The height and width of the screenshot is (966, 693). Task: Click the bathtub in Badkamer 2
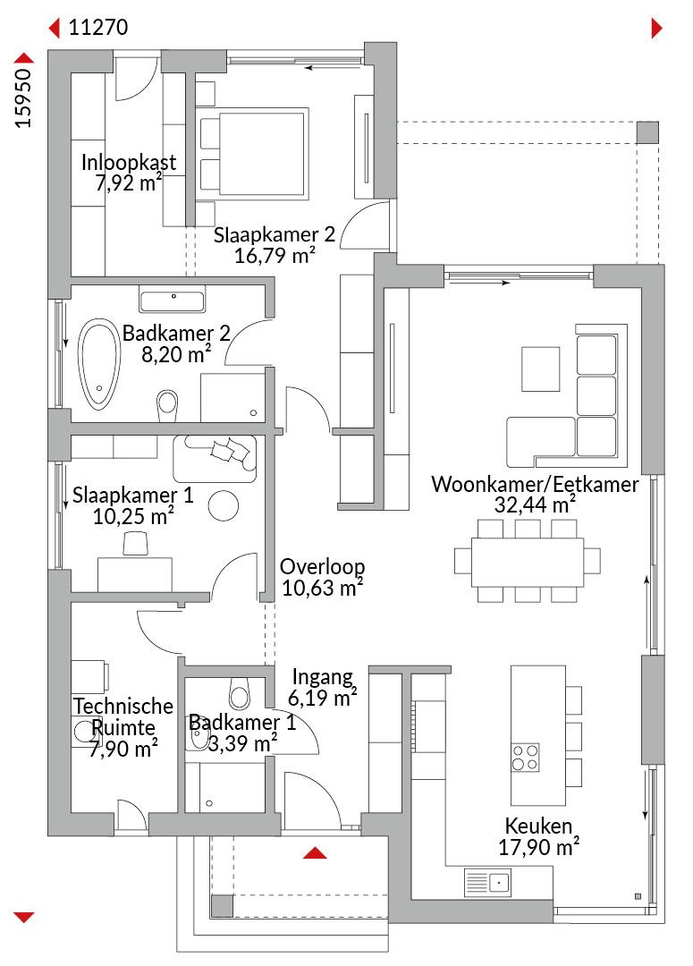coord(98,364)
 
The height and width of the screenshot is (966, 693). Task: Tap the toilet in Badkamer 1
coord(239,692)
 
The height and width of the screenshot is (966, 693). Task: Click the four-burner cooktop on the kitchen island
coord(526,758)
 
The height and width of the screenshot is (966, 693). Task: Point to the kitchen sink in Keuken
coord(487,882)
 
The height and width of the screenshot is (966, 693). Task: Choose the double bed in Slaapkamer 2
coord(252,154)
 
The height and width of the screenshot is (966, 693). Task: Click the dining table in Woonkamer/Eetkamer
coord(528,562)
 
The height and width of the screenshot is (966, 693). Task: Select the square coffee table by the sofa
coord(540,369)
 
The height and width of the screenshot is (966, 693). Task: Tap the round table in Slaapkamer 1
coord(223,505)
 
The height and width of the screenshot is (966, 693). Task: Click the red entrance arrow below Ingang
coord(315,852)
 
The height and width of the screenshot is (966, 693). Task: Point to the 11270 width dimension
coord(98,28)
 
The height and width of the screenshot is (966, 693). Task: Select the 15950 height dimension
coord(23,98)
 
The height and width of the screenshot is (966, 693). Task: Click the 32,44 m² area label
coord(535,504)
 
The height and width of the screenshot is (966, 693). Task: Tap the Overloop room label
coord(322,566)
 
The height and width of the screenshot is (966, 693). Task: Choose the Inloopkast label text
coord(129,162)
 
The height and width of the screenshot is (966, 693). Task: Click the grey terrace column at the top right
coord(647,132)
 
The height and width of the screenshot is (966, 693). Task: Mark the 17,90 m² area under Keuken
coord(538,847)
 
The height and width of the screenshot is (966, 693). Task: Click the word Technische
coord(123,706)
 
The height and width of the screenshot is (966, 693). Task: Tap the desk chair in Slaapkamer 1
coord(136,544)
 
